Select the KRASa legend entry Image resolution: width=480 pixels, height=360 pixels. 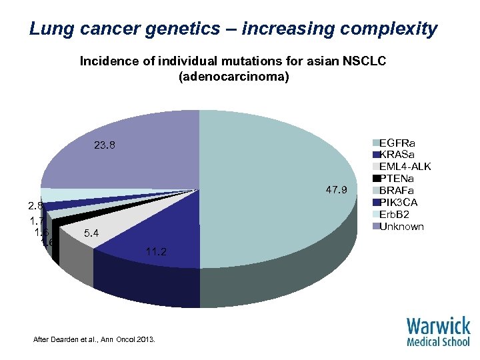397,155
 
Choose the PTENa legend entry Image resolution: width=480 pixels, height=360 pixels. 397,178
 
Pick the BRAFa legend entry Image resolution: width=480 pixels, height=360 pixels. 397,190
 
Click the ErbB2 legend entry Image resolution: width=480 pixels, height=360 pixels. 396,214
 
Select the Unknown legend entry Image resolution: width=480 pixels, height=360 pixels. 401,226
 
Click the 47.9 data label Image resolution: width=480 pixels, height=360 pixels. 337,191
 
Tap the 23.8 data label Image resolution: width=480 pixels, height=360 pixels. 104,145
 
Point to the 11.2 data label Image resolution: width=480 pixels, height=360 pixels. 155,251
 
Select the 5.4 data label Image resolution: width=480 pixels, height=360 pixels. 92,234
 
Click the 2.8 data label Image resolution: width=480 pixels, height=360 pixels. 36,205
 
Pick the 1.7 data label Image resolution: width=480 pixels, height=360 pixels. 37,219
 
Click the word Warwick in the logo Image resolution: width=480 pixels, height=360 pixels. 438,327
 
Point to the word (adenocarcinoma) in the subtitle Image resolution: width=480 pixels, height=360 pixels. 233,77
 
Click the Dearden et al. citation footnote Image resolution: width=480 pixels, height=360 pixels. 94,340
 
